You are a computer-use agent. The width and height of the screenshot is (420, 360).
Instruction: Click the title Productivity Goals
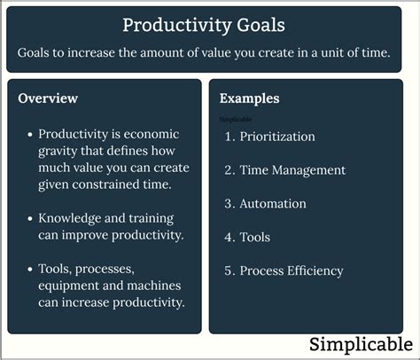(204, 26)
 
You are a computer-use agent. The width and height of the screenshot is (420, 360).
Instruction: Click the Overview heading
(48, 98)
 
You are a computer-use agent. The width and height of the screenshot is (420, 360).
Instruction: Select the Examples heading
(249, 98)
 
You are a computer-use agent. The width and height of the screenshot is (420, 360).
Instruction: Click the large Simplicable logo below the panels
(361, 344)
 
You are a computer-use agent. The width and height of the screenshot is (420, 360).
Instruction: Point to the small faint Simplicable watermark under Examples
(236, 119)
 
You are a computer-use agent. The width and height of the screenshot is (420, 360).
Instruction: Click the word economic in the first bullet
(152, 134)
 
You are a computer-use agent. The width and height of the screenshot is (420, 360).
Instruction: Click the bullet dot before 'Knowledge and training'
(30, 219)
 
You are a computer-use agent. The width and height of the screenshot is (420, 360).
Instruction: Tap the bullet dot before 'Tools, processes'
(30, 270)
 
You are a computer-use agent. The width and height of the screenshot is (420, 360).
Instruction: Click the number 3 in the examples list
(228, 204)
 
